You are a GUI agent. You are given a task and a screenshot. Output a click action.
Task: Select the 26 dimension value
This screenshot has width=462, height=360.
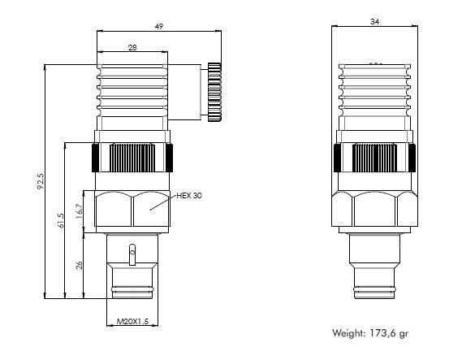79,265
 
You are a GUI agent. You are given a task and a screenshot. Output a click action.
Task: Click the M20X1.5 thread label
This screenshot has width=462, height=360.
132,323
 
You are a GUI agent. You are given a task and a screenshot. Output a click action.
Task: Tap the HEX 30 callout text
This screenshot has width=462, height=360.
189,196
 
